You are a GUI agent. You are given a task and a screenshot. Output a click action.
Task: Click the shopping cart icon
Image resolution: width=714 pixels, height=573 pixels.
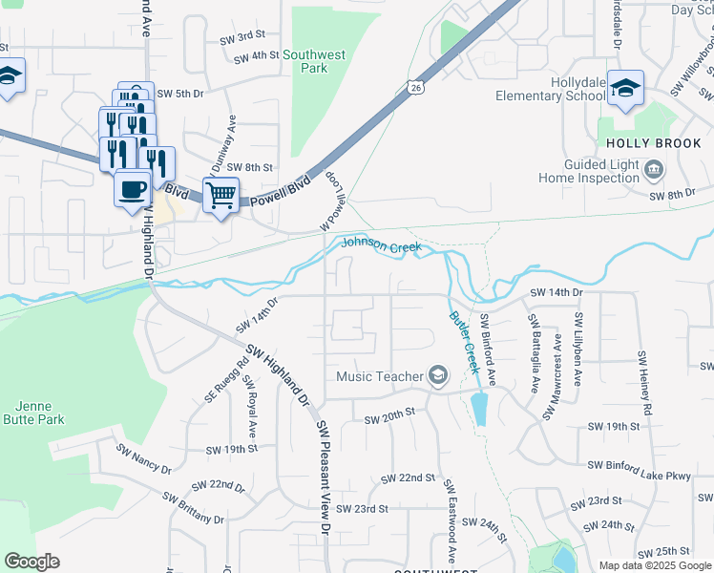(x=220, y=195)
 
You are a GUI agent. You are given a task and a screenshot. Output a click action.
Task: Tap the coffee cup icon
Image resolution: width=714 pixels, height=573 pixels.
(x=132, y=186)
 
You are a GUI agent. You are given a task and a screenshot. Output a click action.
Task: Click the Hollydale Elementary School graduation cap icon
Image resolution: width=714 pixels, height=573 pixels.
(x=625, y=88)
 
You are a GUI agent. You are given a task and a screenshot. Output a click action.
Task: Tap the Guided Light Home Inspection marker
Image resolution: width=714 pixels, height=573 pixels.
(x=655, y=171)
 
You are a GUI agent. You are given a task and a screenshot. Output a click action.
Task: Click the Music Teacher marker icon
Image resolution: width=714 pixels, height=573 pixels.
(x=438, y=375)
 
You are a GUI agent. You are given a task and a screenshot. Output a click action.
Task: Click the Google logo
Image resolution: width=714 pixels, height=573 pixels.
(x=31, y=562)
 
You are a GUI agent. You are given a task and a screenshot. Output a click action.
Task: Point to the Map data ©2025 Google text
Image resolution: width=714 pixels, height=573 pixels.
(x=654, y=565)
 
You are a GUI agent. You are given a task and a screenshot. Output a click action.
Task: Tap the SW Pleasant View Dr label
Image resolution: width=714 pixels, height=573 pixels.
(x=325, y=477)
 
